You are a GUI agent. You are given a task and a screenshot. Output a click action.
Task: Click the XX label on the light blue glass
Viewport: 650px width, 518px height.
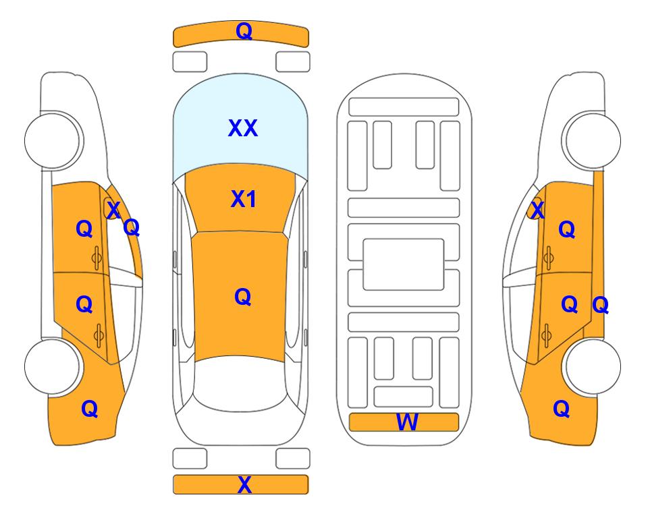[x=243, y=128]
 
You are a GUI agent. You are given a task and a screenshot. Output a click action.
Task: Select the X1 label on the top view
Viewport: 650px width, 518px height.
[x=244, y=199]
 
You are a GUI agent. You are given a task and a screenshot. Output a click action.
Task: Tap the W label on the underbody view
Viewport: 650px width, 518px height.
[x=407, y=422]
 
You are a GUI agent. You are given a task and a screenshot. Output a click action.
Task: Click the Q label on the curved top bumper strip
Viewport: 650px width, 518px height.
[x=244, y=31]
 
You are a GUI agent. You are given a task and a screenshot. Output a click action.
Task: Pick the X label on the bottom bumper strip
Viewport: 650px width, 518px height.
[x=244, y=484]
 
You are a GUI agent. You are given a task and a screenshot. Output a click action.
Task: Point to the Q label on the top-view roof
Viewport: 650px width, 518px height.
[x=243, y=297]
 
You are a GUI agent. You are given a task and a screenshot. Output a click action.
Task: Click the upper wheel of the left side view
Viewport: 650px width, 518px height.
[x=52, y=141]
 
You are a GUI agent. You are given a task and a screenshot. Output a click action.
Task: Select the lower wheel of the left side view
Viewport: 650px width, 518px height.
[x=52, y=366]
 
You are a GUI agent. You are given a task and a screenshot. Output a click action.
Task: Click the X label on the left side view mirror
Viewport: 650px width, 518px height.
[x=113, y=210]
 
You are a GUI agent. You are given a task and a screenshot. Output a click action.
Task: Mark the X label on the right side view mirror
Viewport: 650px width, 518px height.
[x=538, y=210]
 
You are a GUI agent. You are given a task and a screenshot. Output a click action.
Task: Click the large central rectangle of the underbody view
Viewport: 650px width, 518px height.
[x=404, y=264]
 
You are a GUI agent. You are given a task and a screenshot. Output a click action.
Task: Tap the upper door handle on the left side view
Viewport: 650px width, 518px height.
[x=97, y=258]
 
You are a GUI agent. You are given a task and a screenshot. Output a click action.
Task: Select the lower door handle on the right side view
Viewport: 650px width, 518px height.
[x=547, y=335]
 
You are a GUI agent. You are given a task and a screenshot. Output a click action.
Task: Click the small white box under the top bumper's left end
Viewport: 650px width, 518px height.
[x=190, y=62]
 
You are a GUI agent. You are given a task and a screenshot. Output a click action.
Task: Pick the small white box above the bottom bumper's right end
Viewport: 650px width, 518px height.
[x=293, y=459]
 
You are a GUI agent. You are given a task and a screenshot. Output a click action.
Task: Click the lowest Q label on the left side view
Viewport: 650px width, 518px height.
[x=90, y=409]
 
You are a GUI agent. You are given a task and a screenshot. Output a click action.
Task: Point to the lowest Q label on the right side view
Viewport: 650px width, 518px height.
[x=562, y=409]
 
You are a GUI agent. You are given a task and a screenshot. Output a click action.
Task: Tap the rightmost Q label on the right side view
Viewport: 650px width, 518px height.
[x=601, y=306]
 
